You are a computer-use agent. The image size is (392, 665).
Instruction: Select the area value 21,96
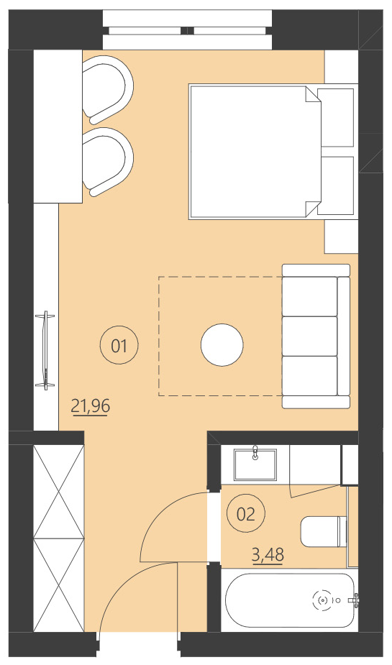[91, 406]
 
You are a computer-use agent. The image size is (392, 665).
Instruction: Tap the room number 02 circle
[245, 513]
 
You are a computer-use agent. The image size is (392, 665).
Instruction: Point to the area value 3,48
[267, 554]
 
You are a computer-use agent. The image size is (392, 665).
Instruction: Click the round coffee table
[222, 345]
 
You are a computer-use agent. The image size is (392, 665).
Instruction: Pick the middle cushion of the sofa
[309, 336]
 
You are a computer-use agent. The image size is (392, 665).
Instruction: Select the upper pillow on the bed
[337, 117]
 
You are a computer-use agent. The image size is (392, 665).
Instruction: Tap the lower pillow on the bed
[337, 185]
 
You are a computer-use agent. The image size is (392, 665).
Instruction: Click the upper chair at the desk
[108, 88]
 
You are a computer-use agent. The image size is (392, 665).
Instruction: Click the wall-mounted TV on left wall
[46, 350]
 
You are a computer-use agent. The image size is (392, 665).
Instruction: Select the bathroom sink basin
[255, 464]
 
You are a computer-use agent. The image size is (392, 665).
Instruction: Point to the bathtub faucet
[353, 599]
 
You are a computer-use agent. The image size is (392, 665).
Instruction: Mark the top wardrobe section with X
[58, 490]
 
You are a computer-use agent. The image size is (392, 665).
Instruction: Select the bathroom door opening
[214, 526]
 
